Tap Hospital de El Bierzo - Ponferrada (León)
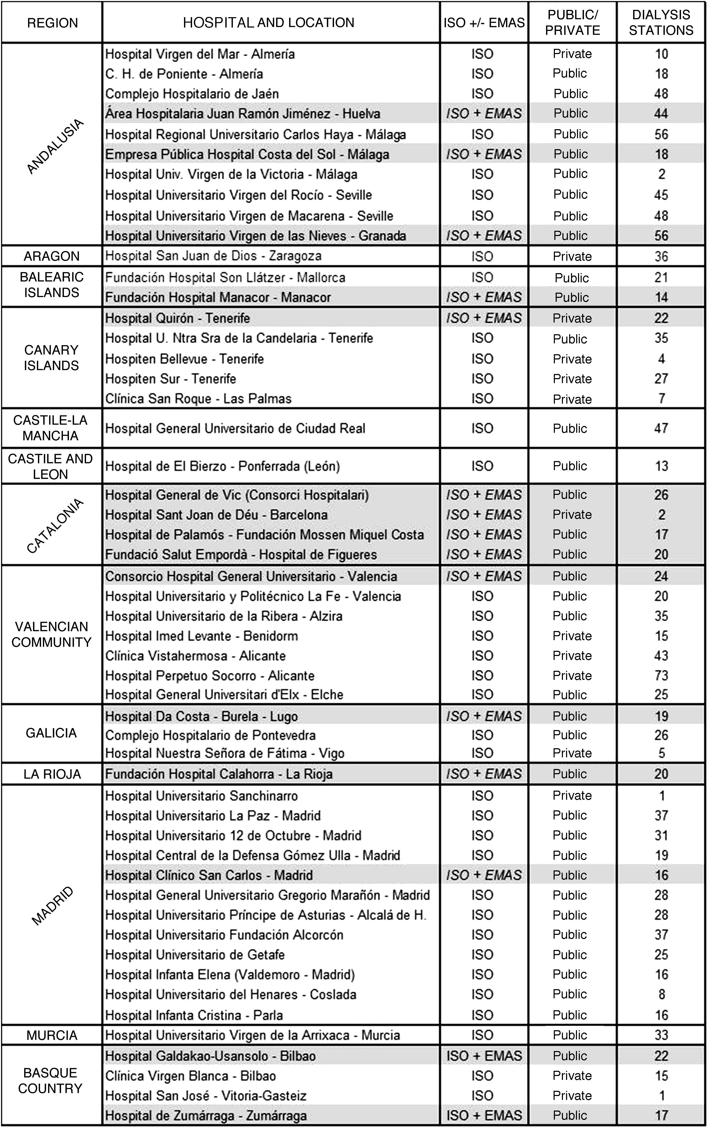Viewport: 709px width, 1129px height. [222, 466]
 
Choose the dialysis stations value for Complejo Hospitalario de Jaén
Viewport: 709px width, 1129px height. [661, 94]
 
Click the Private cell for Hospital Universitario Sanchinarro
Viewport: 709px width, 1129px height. [572, 795]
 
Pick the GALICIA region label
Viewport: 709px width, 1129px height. [51, 733]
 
